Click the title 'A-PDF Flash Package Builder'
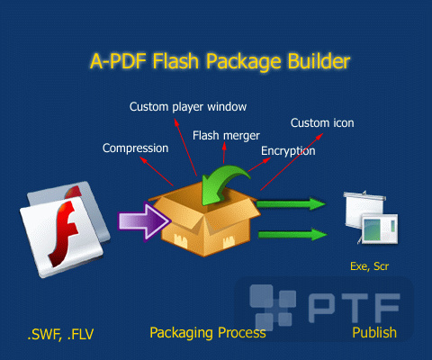coord(220,62)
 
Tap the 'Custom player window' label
coord(188,107)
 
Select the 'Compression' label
coord(136,148)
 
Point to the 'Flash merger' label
coord(226,136)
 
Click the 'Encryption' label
coord(288,151)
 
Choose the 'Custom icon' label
coord(322,123)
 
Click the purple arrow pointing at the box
coord(144,221)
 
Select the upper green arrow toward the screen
coord(291,204)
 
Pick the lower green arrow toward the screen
coord(292,234)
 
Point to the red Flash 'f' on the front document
coord(64,234)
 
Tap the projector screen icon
coord(371,217)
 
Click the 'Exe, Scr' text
coord(370,266)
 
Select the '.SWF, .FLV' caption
coord(60,334)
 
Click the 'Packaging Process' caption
coord(208,333)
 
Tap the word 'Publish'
coord(374,332)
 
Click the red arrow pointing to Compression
coord(157,171)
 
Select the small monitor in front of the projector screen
coord(380,229)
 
